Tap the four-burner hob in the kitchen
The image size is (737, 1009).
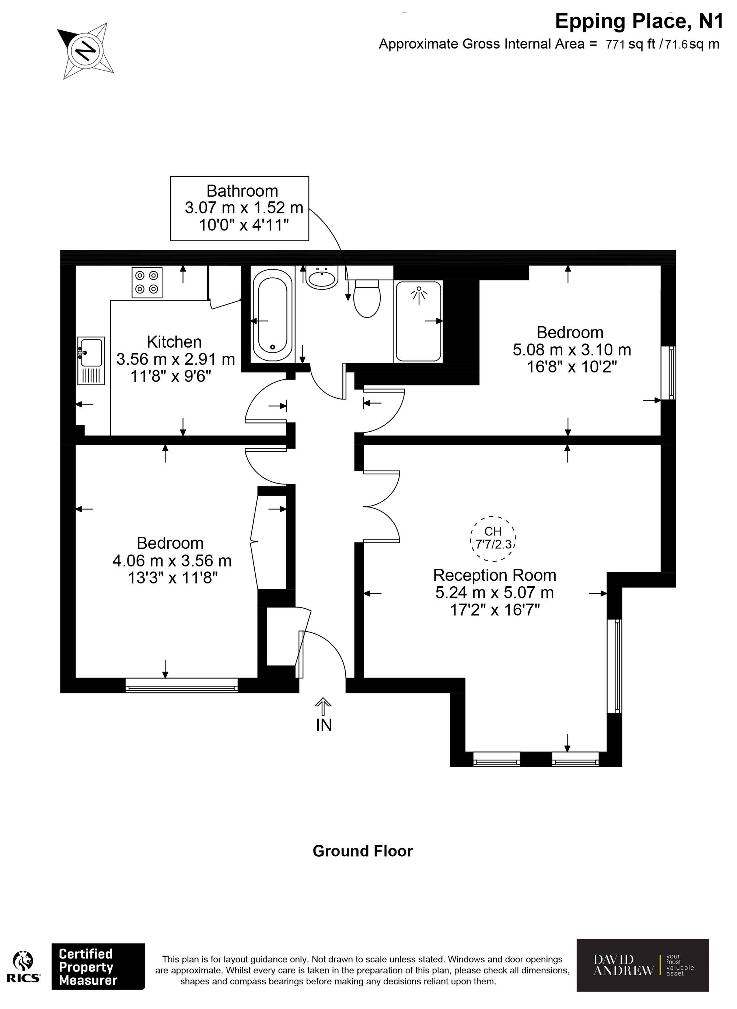coord(147,282)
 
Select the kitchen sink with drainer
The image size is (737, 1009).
coord(91,360)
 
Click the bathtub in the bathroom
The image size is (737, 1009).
coord(272,314)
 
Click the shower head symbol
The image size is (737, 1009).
coord(419,294)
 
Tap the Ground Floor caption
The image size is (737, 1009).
coord(363,851)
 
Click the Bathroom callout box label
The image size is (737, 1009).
coord(242,191)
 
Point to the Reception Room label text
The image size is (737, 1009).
coord(494,575)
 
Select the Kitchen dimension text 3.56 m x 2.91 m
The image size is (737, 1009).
coord(175,359)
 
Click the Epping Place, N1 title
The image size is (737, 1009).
coord(638,21)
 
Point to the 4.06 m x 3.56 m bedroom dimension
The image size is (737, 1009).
coord(172,560)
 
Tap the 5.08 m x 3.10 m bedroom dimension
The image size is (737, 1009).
coord(572,350)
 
